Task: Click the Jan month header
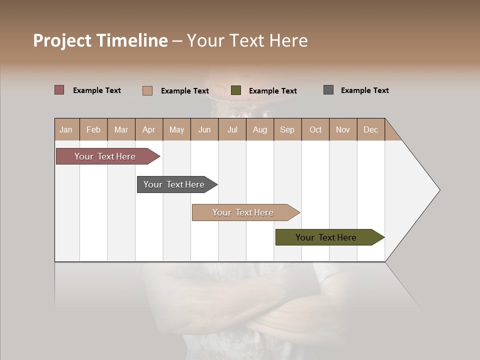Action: pos(66,129)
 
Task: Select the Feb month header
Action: pos(93,129)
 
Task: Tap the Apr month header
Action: pos(149,129)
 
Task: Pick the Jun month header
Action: pos(204,129)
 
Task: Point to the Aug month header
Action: pos(260,129)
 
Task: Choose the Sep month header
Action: pos(287,129)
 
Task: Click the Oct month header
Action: pos(315,129)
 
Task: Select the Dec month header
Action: pos(371,129)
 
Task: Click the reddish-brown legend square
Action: pos(59,90)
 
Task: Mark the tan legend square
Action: pos(147,90)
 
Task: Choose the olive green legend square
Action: pos(236,90)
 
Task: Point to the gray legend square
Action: pos(328,90)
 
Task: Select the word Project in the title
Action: pos(62,40)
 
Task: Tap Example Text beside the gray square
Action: pos(364,90)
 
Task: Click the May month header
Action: pos(176,129)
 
